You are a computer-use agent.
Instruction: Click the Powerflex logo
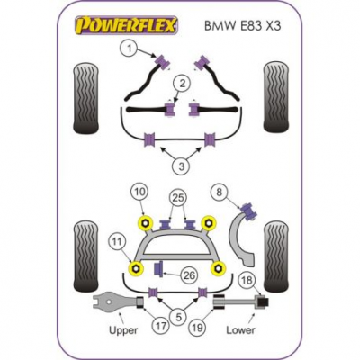pyautogui.click(x=127, y=25)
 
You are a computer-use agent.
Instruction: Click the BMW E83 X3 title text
pyautogui.click(x=243, y=26)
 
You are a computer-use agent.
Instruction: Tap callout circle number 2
pyautogui.click(x=183, y=84)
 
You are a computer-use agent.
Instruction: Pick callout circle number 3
pyautogui.click(x=182, y=166)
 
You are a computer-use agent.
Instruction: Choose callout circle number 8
pyautogui.click(x=220, y=192)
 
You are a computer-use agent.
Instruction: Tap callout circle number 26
pyautogui.click(x=190, y=275)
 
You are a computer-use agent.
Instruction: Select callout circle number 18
pyautogui.click(x=247, y=281)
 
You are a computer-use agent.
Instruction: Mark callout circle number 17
pyautogui.click(x=161, y=326)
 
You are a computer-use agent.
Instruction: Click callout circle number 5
pyautogui.click(x=179, y=317)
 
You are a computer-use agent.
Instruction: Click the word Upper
pyautogui.click(x=123, y=331)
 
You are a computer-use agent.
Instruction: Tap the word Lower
pyautogui.click(x=240, y=330)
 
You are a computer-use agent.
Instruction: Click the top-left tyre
pyautogui.click(x=85, y=98)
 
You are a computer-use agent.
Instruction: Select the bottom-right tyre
pyautogui.click(x=276, y=256)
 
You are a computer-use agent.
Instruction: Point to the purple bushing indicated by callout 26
pyautogui.click(x=158, y=269)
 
